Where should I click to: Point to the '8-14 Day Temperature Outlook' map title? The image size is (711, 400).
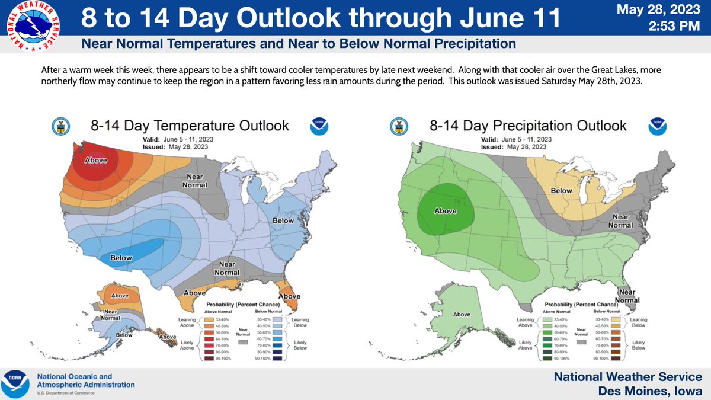point(190,126)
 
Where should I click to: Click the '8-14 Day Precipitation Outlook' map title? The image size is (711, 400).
point(528,126)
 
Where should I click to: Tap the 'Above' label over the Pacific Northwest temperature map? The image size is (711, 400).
point(95,160)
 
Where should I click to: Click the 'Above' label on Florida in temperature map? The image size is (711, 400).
point(289,296)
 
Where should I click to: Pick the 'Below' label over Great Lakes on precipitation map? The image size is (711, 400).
point(561,191)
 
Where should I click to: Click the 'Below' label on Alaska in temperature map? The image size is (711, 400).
point(124,335)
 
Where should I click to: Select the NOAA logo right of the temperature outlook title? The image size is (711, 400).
point(319,126)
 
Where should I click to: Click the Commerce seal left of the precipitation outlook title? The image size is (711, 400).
point(398,126)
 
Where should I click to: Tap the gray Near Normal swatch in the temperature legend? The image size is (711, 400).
point(242,342)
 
